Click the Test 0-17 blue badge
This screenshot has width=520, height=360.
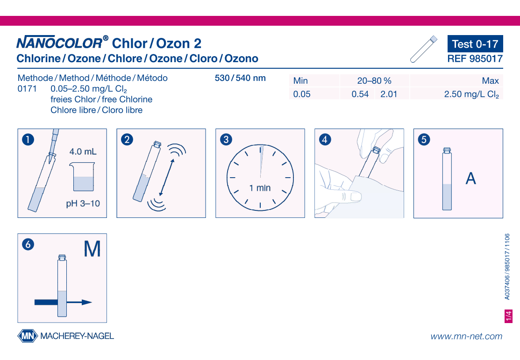(475, 44)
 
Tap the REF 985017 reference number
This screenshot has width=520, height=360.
(475, 59)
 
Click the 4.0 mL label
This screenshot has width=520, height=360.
(83, 151)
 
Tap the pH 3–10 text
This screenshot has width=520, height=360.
(83, 204)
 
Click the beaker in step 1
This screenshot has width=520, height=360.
(84, 178)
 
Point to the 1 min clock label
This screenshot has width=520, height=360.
(260, 188)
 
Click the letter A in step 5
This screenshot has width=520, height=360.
(471, 179)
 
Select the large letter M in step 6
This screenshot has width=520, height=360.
(92, 249)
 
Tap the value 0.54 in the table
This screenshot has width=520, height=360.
(360, 94)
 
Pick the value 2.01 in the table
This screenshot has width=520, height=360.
(389, 94)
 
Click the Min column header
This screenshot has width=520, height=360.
(300, 81)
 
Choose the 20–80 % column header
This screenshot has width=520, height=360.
(374, 81)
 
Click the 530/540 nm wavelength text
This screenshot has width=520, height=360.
(240, 78)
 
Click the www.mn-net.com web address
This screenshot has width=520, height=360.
(466, 336)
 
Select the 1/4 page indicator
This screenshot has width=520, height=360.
(508, 316)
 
